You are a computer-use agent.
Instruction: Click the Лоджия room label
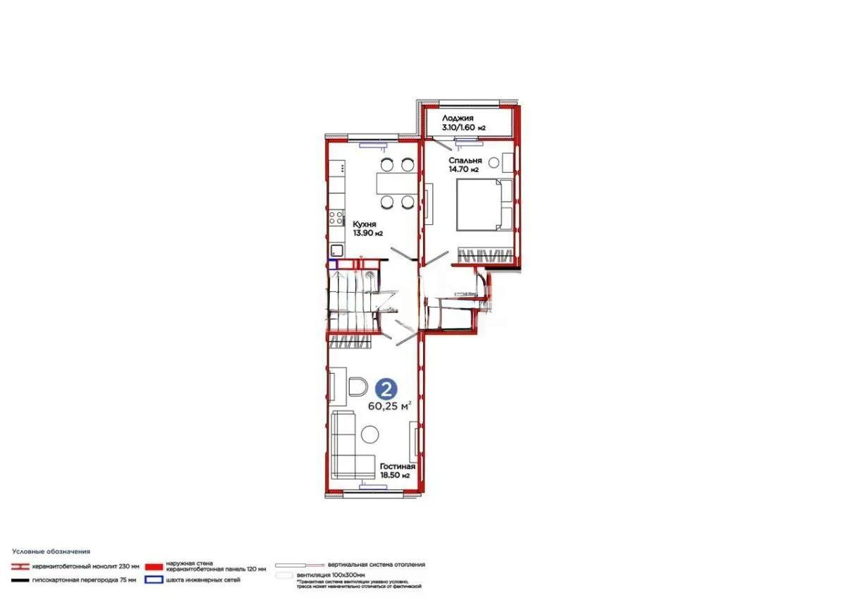[x=458, y=118]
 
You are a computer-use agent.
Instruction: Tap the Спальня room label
[x=465, y=161]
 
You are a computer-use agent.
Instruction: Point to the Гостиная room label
[x=397, y=467]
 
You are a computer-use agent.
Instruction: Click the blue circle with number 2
[x=386, y=389]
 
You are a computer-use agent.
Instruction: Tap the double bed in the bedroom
[x=486, y=205]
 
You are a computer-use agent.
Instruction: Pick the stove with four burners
[x=336, y=218]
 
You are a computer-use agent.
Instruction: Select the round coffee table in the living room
[x=369, y=434]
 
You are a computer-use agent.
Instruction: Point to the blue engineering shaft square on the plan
[x=332, y=265]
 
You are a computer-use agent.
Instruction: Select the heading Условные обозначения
[x=51, y=551]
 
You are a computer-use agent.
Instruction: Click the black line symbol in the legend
[x=20, y=580]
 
